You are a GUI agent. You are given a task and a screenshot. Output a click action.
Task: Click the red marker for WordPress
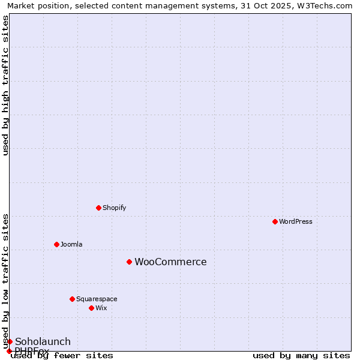[x=275, y=221]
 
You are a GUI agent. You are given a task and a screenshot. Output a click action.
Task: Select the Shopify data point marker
[x=98, y=208]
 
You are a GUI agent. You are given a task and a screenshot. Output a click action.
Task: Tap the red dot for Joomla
[x=56, y=244]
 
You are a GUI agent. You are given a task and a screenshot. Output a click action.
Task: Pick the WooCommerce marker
[x=129, y=262]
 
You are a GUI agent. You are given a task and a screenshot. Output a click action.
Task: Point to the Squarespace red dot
[x=72, y=299]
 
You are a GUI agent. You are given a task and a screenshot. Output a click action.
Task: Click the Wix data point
[x=91, y=308]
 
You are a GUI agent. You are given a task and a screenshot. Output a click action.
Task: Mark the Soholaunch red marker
[x=10, y=341]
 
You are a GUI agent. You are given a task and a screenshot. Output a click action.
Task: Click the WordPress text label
[x=296, y=221]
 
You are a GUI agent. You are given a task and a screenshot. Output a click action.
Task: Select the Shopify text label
[x=114, y=208]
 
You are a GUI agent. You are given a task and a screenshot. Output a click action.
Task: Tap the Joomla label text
[x=71, y=244]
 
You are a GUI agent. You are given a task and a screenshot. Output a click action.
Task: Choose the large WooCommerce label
[x=170, y=262]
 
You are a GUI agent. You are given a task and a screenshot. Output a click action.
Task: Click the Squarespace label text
[x=97, y=299]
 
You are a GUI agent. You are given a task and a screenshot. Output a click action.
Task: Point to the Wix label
[x=101, y=308]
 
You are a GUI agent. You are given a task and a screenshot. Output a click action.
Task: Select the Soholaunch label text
[x=43, y=341]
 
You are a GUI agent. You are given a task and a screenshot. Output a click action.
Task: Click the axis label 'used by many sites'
[x=301, y=355]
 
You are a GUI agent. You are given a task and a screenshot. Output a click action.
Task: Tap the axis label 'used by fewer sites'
[x=62, y=355]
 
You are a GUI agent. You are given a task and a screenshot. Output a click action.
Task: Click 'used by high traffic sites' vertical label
[x=5, y=85]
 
